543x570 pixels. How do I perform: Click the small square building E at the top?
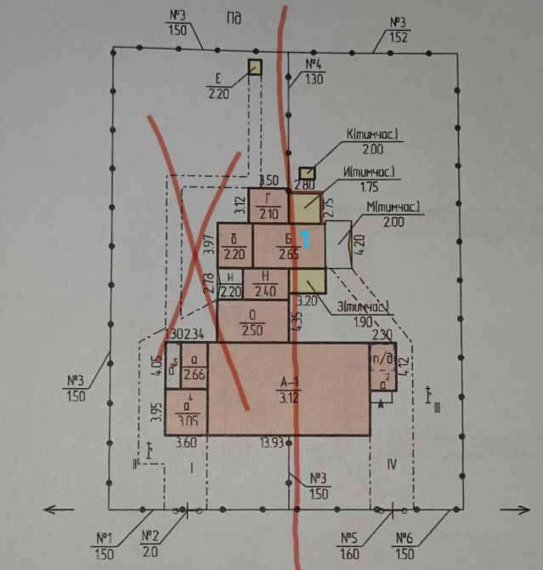click(x=255, y=67)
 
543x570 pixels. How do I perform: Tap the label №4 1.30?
click(x=314, y=72)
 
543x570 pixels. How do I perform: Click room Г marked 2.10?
click(x=269, y=205)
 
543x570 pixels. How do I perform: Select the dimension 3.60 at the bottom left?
click(x=185, y=442)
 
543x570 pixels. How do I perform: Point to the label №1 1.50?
click(x=105, y=544)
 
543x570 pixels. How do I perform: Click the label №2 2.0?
click(x=150, y=544)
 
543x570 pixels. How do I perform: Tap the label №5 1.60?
click(x=349, y=544)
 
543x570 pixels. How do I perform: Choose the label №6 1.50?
click(x=404, y=544)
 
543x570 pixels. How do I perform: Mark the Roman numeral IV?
click(x=391, y=464)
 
